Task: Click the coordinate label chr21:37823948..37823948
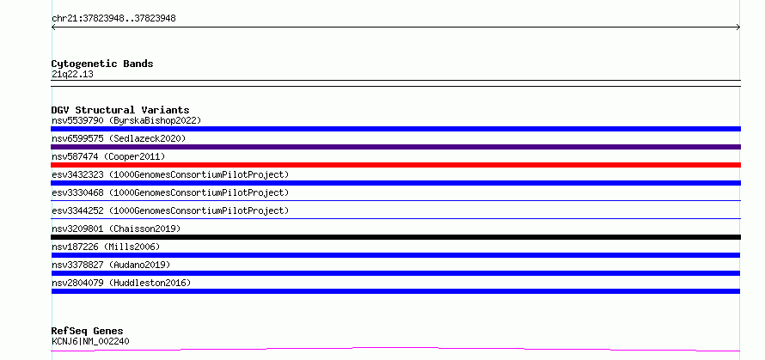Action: click(x=113, y=19)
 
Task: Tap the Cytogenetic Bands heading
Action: click(x=102, y=64)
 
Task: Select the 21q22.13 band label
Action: click(x=72, y=75)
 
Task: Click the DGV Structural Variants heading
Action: click(x=120, y=110)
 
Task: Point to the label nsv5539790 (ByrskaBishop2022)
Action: click(x=126, y=120)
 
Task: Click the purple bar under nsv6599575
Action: click(x=395, y=147)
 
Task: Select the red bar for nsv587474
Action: click(x=395, y=165)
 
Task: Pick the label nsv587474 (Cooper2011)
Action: click(x=108, y=156)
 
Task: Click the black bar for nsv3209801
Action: click(x=395, y=237)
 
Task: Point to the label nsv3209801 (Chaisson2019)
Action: click(x=116, y=229)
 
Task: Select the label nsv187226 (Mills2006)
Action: click(x=106, y=247)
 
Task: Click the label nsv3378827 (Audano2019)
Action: click(x=111, y=265)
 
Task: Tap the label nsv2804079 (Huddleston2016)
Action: click(x=121, y=283)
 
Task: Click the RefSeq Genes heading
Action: click(x=87, y=332)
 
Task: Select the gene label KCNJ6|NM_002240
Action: click(x=90, y=341)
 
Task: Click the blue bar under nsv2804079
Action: click(x=395, y=291)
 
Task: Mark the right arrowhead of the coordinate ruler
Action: click(x=738, y=27)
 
